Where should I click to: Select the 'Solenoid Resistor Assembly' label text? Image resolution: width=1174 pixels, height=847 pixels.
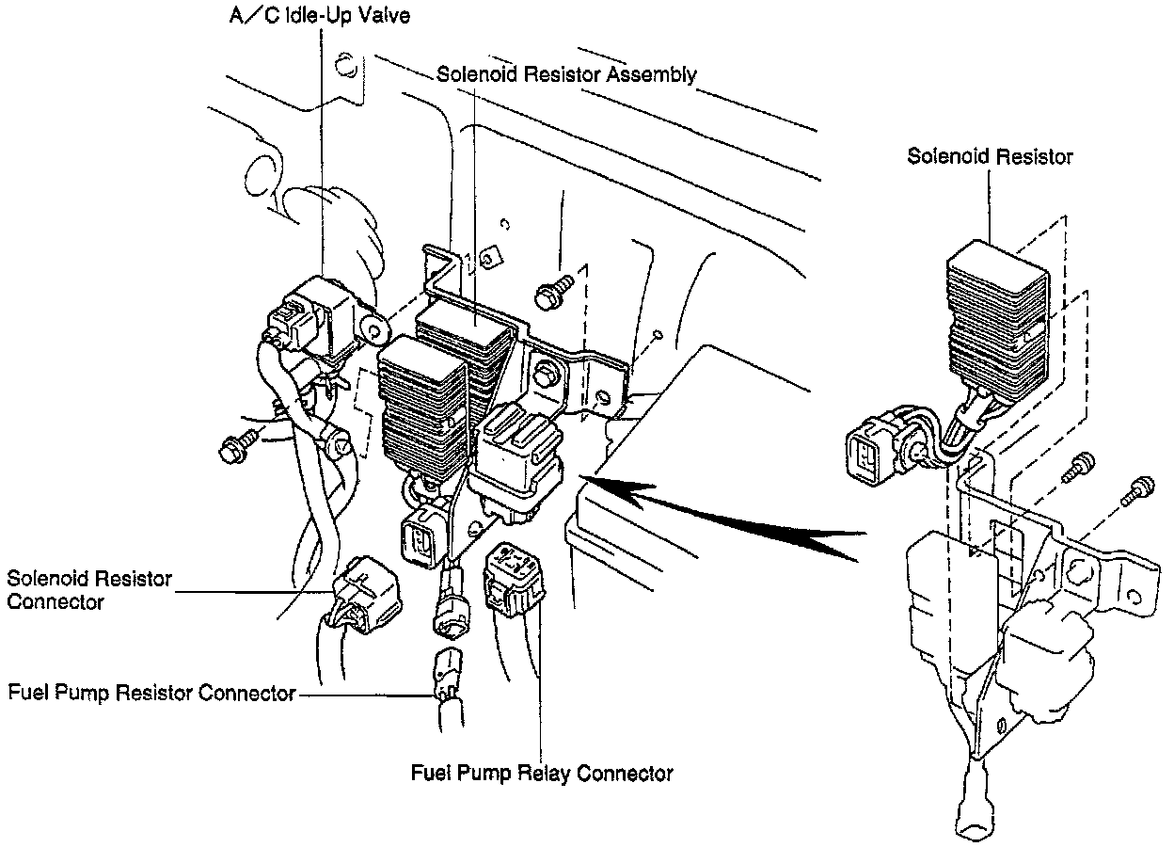tap(566, 74)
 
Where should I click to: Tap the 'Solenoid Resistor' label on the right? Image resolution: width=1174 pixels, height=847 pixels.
tap(989, 156)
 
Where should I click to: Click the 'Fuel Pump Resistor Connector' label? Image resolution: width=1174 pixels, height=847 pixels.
tap(151, 695)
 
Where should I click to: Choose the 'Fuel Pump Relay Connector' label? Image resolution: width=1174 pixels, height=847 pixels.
tap(542, 774)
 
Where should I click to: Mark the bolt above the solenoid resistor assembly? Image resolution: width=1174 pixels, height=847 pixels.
tap(552, 291)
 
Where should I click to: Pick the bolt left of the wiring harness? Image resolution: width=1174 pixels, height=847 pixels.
tap(235, 445)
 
